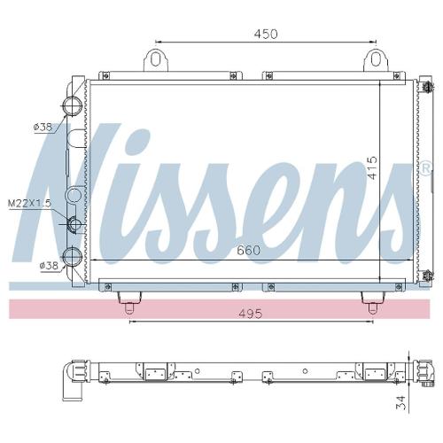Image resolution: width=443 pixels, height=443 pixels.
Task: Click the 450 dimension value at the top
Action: point(266,34)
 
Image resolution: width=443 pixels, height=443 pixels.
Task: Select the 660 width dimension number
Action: point(248,251)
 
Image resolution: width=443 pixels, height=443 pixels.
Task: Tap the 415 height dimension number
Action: point(372,167)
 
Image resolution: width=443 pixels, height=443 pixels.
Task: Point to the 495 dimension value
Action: point(251,314)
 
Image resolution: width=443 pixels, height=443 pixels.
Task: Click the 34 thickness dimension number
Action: point(401,402)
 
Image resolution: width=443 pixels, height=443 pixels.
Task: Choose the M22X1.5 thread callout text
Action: point(29,203)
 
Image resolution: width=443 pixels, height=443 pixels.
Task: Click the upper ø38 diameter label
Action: point(43,128)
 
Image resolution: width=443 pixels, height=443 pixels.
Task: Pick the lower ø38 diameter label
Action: point(49,266)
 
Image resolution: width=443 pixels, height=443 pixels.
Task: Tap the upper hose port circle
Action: point(72,105)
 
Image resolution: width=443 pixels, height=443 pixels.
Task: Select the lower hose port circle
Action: point(72,256)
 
